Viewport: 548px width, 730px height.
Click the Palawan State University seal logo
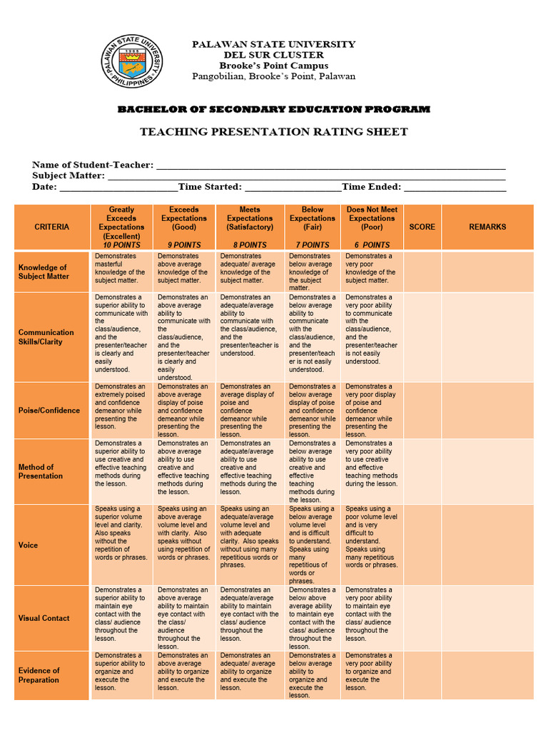(x=130, y=61)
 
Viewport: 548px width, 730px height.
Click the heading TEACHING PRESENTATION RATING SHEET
(x=274, y=132)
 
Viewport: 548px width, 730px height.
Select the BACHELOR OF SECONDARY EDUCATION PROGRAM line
(x=274, y=109)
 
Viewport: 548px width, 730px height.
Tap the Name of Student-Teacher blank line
(x=330, y=166)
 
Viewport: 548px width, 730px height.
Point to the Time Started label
(x=210, y=187)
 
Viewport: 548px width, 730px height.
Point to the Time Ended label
(x=371, y=187)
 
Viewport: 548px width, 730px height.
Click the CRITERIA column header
(x=52, y=227)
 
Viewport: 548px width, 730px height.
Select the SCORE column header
(x=422, y=227)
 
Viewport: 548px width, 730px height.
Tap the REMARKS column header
(x=487, y=227)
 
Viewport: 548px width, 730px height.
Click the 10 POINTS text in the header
(x=121, y=245)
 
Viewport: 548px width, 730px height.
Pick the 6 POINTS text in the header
(x=372, y=245)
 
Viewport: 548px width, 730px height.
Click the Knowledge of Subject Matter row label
(x=43, y=272)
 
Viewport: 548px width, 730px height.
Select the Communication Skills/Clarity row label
(x=46, y=336)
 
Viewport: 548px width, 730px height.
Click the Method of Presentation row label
(x=41, y=471)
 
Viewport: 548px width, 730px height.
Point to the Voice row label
(x=29, y=545)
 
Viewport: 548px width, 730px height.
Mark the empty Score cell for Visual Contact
(x=422, y=618)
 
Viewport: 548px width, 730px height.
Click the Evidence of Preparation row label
(x=39, y=675)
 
